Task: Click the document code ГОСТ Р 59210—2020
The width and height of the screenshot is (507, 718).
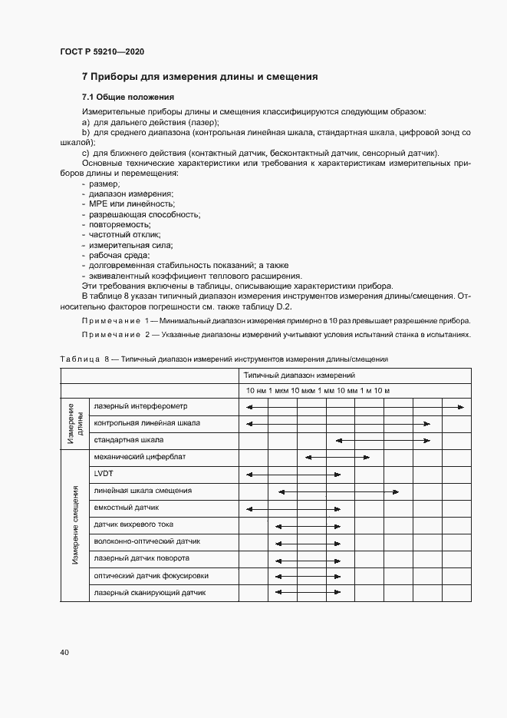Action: click(102, 51)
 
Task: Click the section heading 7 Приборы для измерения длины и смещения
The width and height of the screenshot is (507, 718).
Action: click(199, 77)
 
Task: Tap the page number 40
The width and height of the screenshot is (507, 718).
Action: click(64, 652)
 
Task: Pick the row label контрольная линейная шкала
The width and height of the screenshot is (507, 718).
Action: click(147, 422)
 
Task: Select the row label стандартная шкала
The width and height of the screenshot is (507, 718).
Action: click(127, 439)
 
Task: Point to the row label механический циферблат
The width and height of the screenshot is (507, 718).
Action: click(140, 456)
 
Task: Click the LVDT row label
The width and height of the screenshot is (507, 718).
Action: click(103, 474)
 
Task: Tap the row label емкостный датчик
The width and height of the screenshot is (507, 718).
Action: click(127, 508)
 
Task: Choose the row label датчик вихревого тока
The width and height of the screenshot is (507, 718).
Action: click(133, 524)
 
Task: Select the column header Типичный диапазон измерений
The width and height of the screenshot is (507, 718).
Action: click(299, 376)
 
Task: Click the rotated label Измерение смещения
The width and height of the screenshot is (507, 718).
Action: click(75, 524)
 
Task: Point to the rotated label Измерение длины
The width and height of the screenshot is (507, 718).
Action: click(75, 422)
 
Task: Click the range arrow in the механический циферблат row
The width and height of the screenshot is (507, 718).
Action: click(337, 457)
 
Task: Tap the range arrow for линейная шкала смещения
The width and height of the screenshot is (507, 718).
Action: click(338, 491)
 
